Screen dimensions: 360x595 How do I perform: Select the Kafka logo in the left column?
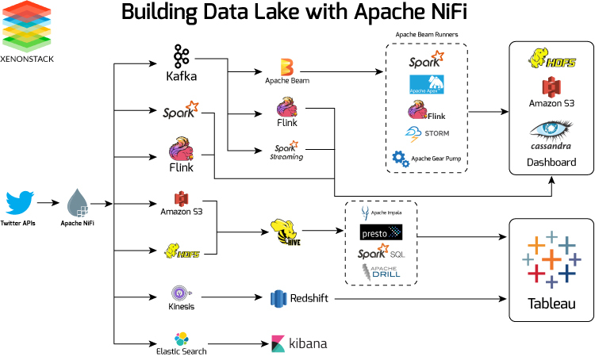(x=181, y=56)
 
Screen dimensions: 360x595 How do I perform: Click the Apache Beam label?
(x=287, y=81)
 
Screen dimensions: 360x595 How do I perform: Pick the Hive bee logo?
(x=286, y=232)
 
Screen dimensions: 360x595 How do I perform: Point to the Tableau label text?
(x=551, y=304)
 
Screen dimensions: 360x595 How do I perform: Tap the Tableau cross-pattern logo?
(x=550, y=259)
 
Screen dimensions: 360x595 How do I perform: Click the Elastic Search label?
(x=181, y=349)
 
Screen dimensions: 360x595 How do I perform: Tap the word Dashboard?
(x=551, y=163)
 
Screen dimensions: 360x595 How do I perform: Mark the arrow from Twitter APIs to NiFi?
(x=48, y=203)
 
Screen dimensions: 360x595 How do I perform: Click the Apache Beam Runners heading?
(x=425, y=35)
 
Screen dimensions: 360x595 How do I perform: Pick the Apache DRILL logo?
(x=382, y=271)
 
